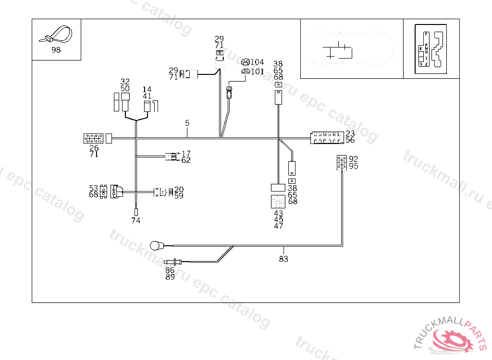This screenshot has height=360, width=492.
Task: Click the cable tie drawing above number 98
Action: [56, 35]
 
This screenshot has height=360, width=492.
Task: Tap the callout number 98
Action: [56, 50]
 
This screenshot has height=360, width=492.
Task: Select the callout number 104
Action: [258, 62]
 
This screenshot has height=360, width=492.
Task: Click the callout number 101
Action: [258, 72]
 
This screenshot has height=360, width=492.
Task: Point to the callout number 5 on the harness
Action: [187, 123]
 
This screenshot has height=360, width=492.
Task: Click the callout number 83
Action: [283, 259]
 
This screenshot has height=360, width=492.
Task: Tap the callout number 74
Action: [136, 221]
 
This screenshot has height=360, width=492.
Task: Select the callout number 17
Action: [186, 154]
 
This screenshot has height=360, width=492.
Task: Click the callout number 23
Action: [350, 133]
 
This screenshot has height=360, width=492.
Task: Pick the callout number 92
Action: [354, 159]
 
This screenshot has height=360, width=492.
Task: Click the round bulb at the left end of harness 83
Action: [155, 246]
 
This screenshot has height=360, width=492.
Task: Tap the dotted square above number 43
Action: [278, 201]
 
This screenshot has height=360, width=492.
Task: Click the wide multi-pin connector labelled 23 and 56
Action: [327, 138]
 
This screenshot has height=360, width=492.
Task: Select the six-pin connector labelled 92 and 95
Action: [342, 163]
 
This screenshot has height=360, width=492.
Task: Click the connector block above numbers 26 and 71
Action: [93, 139]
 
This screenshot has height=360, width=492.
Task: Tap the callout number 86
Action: [170, 270]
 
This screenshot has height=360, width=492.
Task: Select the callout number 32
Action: [125, 82]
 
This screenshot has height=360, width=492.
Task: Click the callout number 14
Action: [147, 90]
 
